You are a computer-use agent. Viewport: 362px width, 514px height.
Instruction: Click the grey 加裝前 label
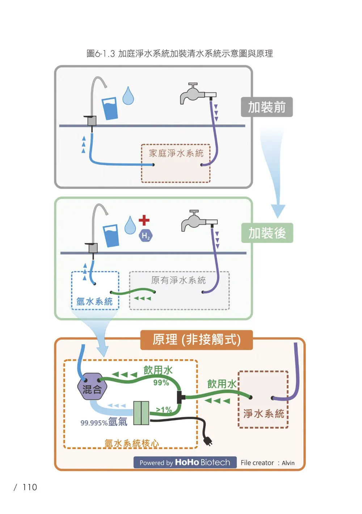267,107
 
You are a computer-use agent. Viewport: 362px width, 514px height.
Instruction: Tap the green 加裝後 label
267,233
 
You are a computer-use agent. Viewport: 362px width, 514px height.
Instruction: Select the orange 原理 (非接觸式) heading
197,340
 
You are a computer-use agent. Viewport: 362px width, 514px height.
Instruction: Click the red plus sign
144,220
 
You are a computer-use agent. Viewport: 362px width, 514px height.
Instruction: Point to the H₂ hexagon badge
146,236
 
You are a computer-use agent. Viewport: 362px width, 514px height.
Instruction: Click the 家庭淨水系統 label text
176,153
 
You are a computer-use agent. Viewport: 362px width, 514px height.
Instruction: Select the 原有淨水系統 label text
178,280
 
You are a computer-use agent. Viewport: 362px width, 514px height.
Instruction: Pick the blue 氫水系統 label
94,301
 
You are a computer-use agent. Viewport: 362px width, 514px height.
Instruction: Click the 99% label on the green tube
161,383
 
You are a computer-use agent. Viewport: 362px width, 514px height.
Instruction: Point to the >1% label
164,409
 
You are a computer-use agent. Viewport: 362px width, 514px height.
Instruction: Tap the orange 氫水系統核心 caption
132,443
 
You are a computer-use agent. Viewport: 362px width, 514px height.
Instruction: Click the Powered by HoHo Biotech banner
185,462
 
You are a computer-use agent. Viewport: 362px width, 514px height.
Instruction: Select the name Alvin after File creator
288,463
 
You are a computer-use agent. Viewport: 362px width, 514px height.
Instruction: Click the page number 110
30,487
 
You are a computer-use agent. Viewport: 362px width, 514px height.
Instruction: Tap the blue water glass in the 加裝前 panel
110,108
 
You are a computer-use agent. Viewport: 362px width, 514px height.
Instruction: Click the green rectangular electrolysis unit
141,413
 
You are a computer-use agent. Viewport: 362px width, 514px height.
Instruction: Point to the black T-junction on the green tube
181,397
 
